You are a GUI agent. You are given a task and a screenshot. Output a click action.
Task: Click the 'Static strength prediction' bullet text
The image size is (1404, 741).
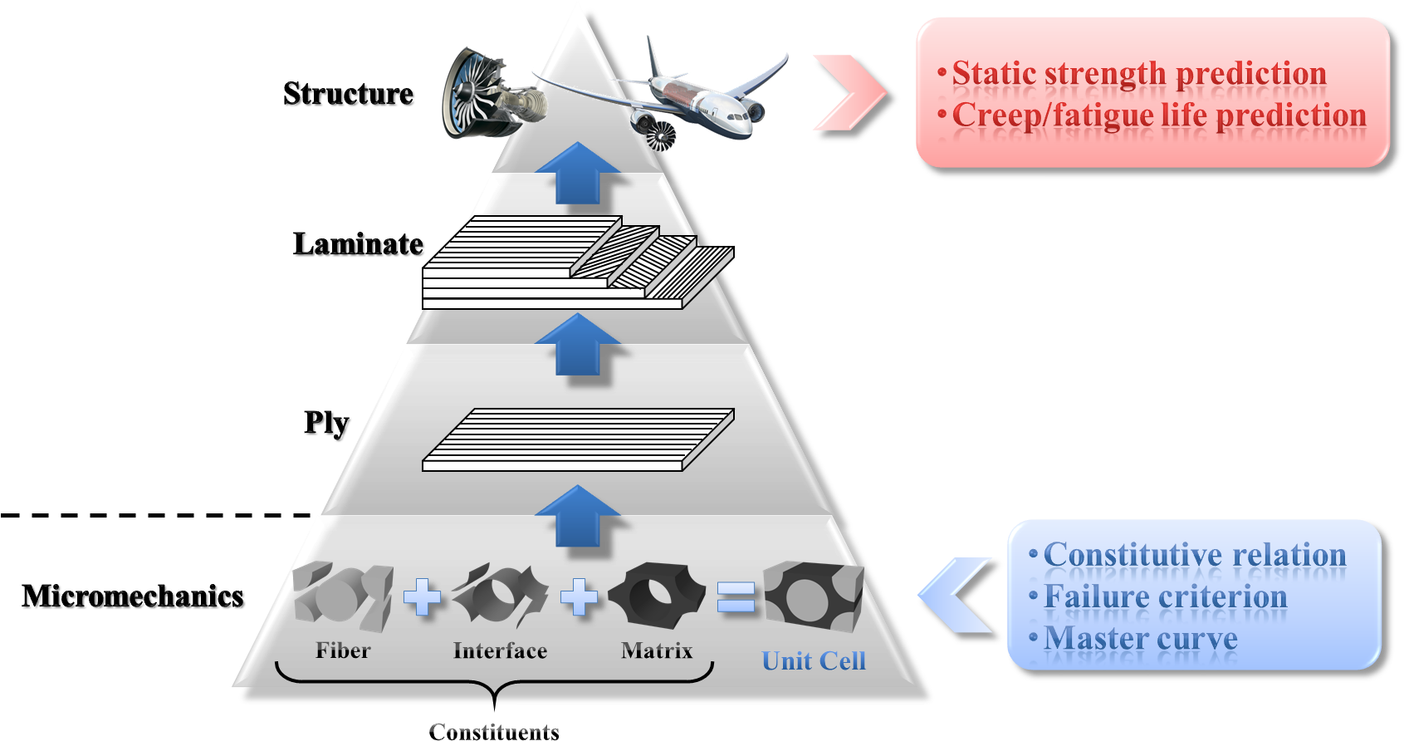[x=1138, y=73]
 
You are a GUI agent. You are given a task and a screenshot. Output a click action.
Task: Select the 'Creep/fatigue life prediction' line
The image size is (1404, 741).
[x=1159, y=115]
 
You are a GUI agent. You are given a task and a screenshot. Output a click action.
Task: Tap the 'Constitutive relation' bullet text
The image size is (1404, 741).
[x=1194, y=555]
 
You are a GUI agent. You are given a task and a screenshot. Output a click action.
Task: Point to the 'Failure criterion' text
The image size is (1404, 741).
[x=1165, y=596]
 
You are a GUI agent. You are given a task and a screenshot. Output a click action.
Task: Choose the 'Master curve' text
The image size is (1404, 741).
[x=1140, y=639]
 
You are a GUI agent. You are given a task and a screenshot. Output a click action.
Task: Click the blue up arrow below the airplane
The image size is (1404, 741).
[x=578, y=174]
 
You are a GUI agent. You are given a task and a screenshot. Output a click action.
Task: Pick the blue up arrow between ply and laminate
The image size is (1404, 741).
[x=578, y=344]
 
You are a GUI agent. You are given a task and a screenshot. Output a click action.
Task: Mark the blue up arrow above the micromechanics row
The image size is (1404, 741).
[x=578, y=516]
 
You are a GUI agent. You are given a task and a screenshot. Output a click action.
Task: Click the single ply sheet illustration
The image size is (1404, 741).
[x=578, y=439]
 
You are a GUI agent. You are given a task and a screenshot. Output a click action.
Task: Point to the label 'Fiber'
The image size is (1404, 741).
[x=343, y=650]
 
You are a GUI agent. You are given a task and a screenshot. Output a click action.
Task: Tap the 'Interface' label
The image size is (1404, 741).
[x=500, y=650]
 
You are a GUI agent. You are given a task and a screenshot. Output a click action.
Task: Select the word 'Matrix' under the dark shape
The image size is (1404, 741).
[x=656, y=650]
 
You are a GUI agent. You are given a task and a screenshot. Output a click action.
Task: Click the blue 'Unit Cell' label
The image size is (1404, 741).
[x=814, y=661]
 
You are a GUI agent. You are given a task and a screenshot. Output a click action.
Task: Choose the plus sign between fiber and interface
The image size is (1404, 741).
[x=423, y=597]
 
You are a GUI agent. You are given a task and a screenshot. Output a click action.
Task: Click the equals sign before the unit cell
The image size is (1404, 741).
[x=736, y=596]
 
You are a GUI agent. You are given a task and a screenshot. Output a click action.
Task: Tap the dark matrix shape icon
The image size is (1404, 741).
[x=656, y=595]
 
